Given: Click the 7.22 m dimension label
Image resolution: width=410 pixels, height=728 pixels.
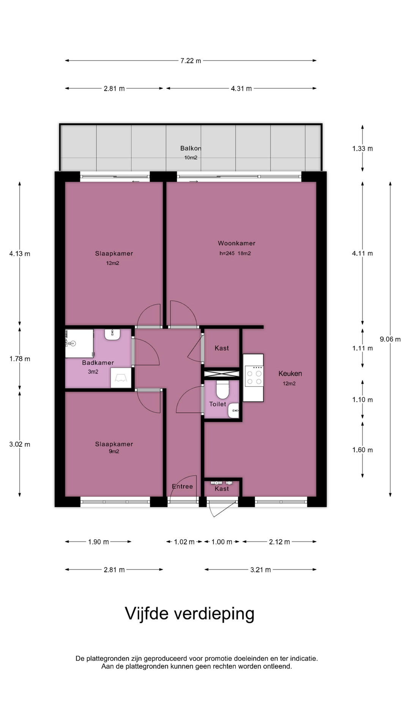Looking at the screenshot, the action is (191, 61).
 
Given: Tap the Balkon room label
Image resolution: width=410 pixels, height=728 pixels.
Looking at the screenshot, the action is (191, 148).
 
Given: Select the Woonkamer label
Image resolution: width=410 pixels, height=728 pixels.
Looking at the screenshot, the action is (237, 243).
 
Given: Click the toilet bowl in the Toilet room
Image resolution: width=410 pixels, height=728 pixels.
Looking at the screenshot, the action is (222, 389).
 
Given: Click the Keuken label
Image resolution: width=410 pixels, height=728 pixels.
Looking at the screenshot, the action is (290, 373).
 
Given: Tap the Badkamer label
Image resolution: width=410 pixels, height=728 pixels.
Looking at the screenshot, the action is (98, 362).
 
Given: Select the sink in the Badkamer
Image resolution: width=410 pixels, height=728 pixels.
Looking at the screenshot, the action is (112, 334).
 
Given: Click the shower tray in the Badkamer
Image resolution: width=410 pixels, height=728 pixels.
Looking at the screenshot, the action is (79, 344).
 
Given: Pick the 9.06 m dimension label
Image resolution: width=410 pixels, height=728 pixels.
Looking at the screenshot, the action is (390, 339).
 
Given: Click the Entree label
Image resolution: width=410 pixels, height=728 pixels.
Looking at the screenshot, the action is (182, 486).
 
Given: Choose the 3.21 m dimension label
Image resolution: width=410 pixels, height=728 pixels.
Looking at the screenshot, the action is (260, 570).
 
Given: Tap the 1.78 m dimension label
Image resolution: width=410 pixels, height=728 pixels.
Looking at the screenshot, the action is (20, 359).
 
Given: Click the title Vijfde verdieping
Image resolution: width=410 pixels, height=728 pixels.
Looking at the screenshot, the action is (190, 613).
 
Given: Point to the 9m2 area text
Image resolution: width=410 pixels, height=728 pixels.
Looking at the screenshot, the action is (114, 451).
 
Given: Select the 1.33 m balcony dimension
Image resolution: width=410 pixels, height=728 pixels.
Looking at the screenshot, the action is (363, 149).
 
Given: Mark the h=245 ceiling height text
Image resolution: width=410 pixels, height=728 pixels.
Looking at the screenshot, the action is (227, 253).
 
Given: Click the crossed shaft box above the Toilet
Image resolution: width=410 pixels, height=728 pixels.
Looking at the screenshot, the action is (222, 374).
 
